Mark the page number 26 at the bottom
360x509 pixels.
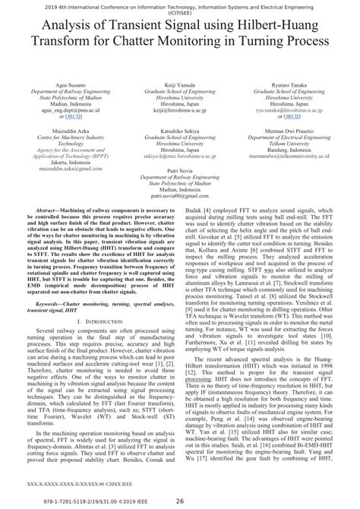(180, 500)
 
